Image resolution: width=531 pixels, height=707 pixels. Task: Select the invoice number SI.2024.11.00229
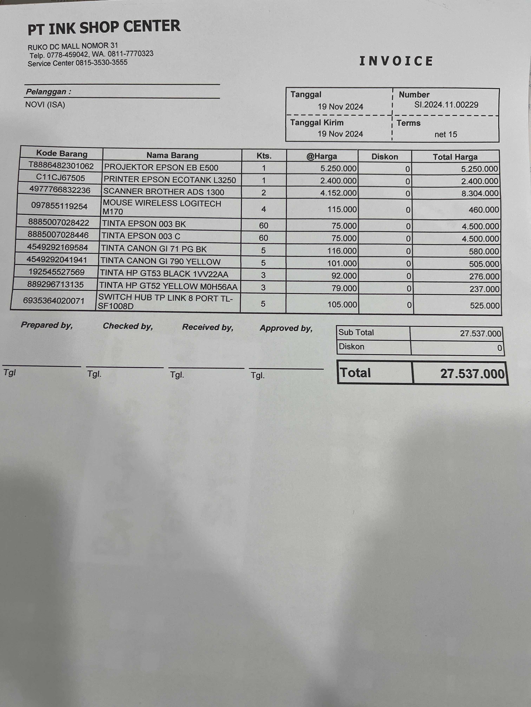pos(446,105)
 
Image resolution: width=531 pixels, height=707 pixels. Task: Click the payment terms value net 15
pos(445,134)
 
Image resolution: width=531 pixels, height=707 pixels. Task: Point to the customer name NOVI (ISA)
pos(45,105)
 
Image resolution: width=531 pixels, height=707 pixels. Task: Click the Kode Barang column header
pos(62,154)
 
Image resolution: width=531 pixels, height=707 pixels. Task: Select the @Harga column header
pos(322,156)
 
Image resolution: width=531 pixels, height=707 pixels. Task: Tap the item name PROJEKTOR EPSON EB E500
pos(161,167)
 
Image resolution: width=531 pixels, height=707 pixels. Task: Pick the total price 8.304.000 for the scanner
pos(480,193)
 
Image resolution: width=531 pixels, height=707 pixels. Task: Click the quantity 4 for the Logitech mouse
pos(263,209)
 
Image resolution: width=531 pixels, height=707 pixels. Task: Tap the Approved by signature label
pos(286,328)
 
